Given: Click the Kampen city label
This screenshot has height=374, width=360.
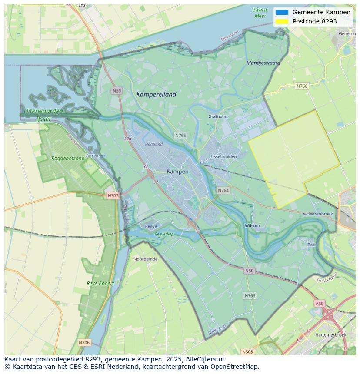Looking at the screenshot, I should (x=177, y=172).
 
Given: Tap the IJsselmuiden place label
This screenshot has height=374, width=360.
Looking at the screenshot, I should (x=223, y=156).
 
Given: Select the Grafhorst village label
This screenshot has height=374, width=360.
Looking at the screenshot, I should (x=218, y=116).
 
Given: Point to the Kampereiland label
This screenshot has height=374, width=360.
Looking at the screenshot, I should (x=156, y=94).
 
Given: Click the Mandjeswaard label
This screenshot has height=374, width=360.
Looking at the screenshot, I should (x=263, y=63).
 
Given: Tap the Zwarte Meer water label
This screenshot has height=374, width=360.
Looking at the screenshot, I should (x=260, y=13).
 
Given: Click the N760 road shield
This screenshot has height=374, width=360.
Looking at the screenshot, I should (x=302, y=86).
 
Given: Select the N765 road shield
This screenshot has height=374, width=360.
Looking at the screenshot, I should (x=180, y=136).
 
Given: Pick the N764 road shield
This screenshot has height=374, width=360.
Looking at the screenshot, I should (x=223, y=190).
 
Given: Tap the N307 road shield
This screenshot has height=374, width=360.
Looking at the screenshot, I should (x=113, y=195).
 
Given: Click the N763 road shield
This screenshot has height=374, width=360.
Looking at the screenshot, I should (x=250, y=295).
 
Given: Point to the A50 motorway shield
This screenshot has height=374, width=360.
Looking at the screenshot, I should (x=320, y=304).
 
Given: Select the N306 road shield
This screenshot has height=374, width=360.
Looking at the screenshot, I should (x=84, y=342).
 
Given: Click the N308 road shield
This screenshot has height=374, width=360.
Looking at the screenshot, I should (x=247, y=351).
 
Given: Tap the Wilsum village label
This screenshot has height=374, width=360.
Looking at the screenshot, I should (x=252, y=225).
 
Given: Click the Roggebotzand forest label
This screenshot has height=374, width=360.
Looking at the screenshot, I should (x=68, y=159).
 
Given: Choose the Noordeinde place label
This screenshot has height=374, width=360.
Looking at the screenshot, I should (x=145, y=258).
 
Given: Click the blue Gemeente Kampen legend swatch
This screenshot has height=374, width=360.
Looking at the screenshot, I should (x=282, y=12).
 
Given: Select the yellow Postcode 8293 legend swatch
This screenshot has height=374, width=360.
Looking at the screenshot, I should (x=282, y=21).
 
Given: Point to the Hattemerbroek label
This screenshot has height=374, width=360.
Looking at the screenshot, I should (x=330, y=335).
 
